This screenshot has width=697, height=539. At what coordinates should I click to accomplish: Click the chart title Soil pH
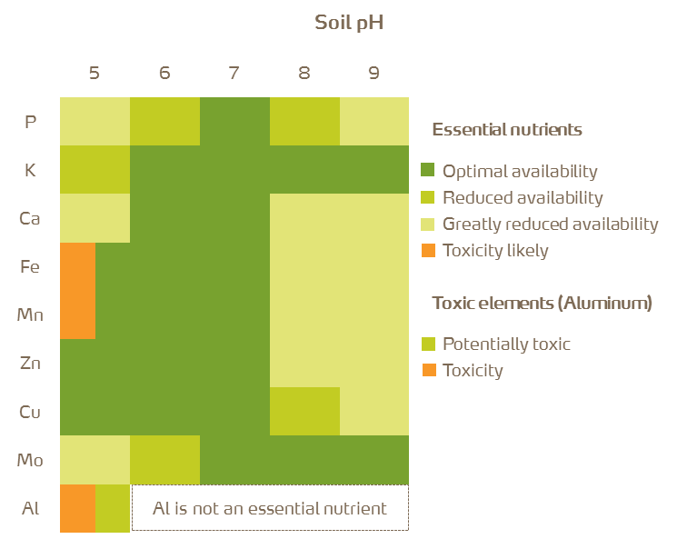[x=349, y=23]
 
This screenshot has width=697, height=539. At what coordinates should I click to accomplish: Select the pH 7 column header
[x=234, y=73]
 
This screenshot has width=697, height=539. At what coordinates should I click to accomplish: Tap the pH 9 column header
[x=374, y=73]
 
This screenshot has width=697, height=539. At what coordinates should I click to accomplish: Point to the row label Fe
[x=30, y=266]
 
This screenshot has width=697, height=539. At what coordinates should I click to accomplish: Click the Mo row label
[x=30, y=460]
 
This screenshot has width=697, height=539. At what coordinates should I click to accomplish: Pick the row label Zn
[x=30, y=364]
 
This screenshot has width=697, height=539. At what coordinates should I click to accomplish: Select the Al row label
[x=30, y=508]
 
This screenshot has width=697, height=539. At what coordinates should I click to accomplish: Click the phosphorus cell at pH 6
[x=164, y=121]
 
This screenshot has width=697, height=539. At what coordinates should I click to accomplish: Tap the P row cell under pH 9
[x=374, y=121]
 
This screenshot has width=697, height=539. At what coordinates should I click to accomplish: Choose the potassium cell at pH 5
[x=95, y=169]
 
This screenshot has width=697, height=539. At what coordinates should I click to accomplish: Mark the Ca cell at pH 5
[x=95, y=218]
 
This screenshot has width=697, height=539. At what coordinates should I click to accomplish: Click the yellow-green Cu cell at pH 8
[x=304, y=411]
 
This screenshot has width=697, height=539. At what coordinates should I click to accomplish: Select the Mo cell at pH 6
[x=164, y=460]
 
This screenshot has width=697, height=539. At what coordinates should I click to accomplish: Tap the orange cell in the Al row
[x=77, y=508]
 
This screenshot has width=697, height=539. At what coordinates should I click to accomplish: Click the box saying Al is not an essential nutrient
[x=270, y=508]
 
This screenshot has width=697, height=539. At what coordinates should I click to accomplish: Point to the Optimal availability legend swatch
[x=429, y=171]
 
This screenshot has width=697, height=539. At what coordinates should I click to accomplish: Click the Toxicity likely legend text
[x=495, y=250]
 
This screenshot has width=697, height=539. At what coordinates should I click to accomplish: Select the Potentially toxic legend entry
[x=506, y=344]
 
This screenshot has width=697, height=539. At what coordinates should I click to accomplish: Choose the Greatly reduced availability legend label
[x=550, y=224]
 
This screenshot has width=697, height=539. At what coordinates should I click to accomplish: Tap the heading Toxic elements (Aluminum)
[x=542, y=303]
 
